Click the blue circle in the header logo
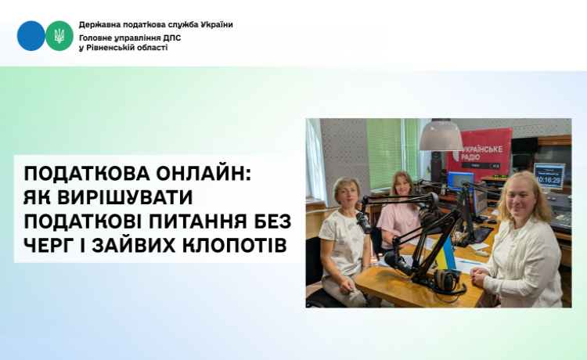click(31, 36)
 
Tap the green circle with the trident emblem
click(59, 36)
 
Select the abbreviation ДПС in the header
click(172, 38)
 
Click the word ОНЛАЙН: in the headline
click(203, 173)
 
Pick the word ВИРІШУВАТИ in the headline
click(124, 197)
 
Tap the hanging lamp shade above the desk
click(441, 136)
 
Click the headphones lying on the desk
click(448, 281)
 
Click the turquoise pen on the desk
click(470, 262)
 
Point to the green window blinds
click(392, 153)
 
